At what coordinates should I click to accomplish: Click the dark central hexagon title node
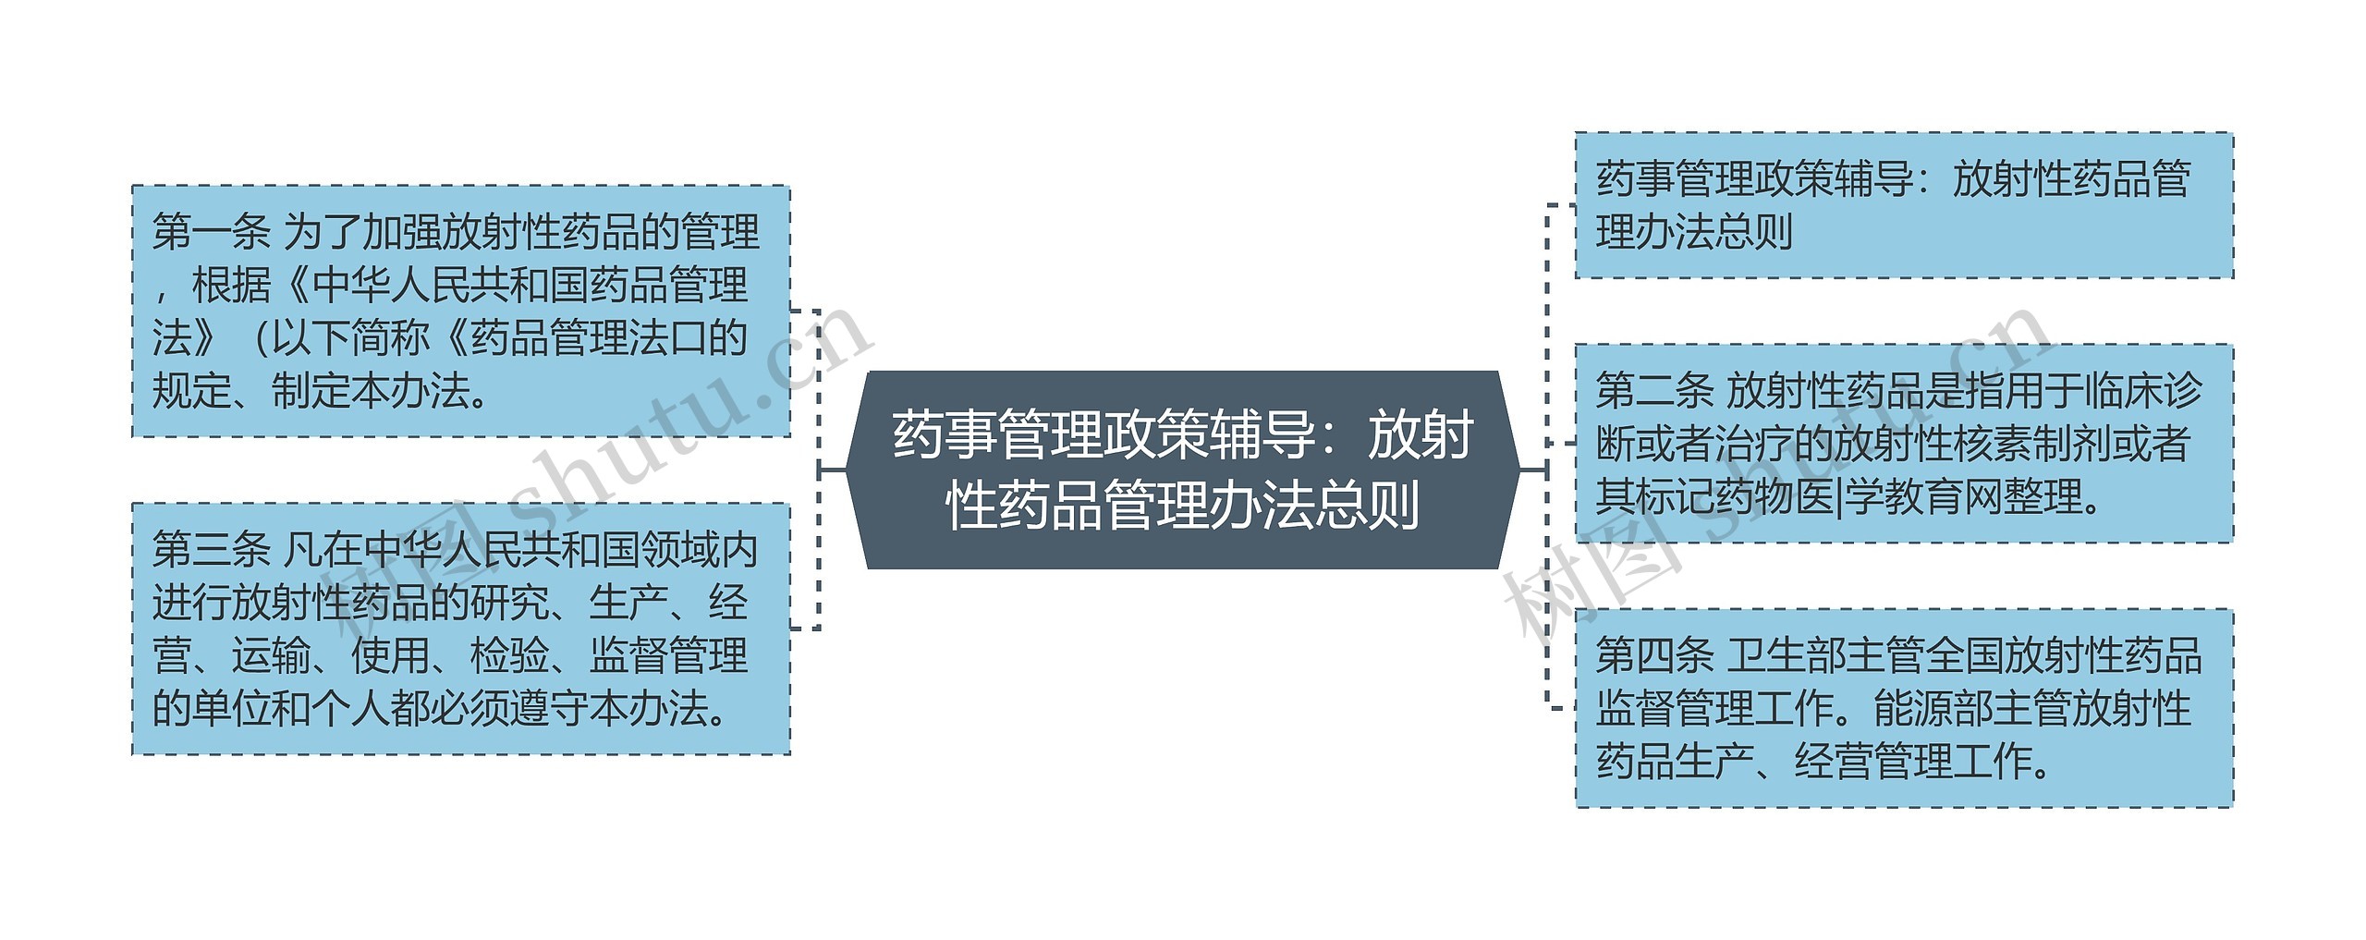pyautogui.click(x=1183, y=470)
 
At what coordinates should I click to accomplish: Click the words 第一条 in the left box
pyautogui.click(x=211, y=232)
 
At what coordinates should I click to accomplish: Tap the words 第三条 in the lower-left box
pyautogui.click(x=211, y=550)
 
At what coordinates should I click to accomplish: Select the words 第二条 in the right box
pyautogui.click(x=1654, y=391)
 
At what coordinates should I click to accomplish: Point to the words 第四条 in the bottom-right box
pyautogui.click(x=1654, y=656)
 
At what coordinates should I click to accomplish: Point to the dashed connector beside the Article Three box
pyautogui.click(x=807, y=629)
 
